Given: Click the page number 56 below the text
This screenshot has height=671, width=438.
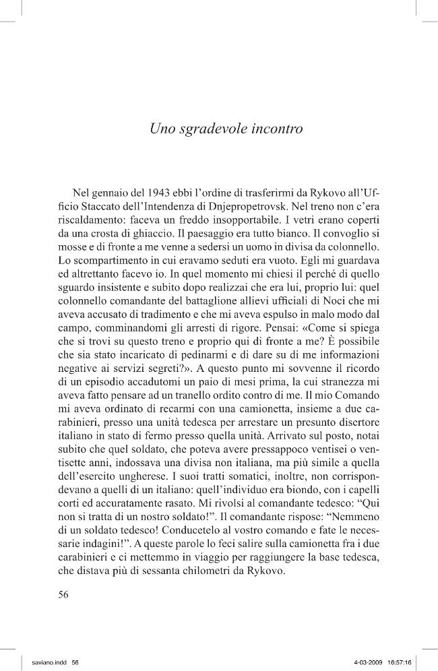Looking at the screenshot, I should (65, 595).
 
